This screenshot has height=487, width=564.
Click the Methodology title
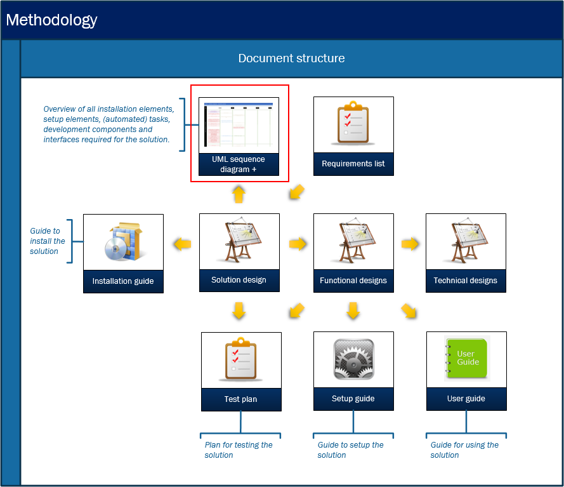[51, 20]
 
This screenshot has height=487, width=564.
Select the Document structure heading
[291, 58]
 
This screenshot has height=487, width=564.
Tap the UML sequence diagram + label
[239, 164]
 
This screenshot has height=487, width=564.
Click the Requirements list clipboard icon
[353, 123]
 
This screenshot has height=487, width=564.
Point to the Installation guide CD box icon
[124, 241]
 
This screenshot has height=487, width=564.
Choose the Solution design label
[239, 279]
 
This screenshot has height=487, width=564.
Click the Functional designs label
[353, 281]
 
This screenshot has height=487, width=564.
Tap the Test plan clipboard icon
[240, 359]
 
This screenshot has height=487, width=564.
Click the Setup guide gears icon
[354, 359]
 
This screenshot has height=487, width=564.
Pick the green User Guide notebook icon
[466, 358]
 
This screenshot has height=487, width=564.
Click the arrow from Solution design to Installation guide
[182, 244]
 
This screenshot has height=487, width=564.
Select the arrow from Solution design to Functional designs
[298, 244]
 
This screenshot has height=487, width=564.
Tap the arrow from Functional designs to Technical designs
[410, 244]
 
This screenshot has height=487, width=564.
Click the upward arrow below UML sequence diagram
[239, 194]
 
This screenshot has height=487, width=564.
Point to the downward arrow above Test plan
[239, 310]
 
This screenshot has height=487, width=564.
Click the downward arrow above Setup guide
[353, 310]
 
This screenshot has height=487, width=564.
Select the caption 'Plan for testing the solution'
[239, 450]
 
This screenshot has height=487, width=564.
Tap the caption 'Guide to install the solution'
[48, 241]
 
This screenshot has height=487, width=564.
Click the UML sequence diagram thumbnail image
[239, 125]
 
